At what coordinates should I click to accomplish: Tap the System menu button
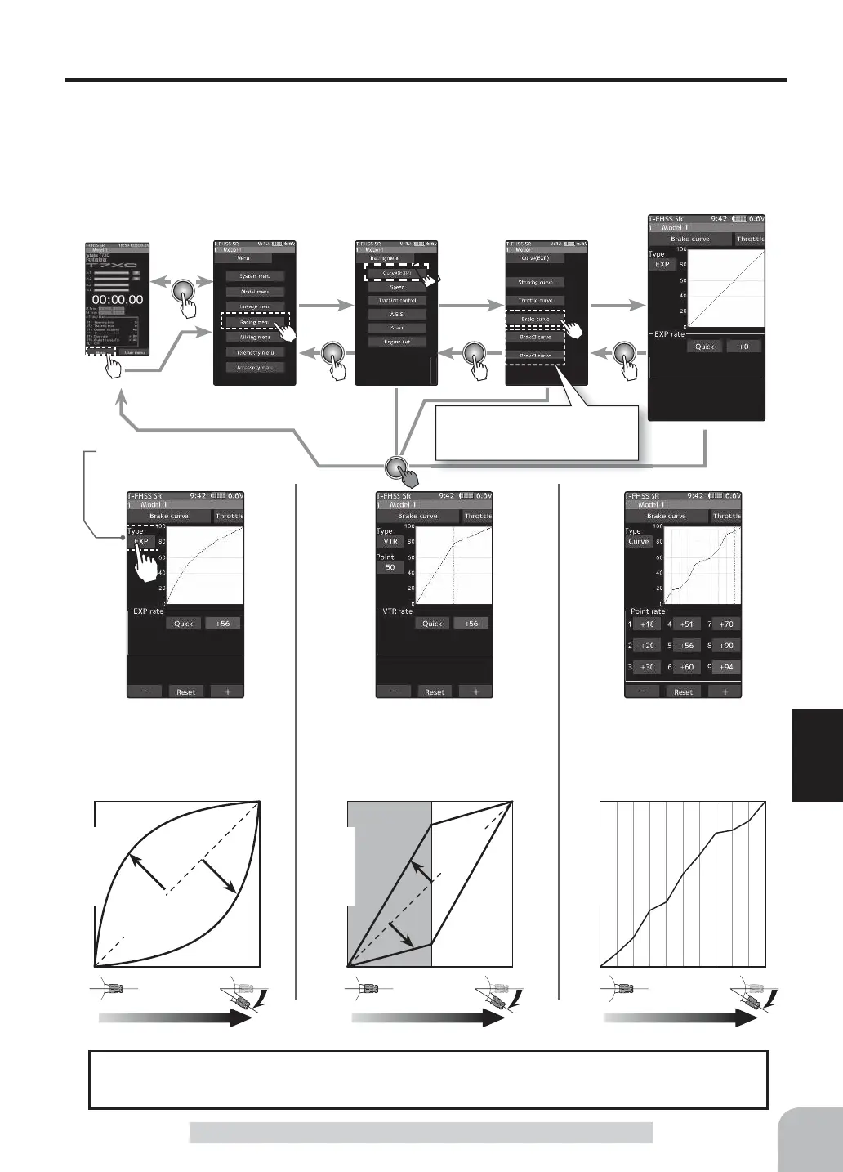pos(255,276)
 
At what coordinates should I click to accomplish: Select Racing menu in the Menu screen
pos(255,322)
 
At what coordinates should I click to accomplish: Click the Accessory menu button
pos(255,368)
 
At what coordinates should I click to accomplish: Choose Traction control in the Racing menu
pos(397,301)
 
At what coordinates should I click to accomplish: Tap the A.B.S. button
pos(397,314)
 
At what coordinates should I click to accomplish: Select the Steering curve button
pos(535,282)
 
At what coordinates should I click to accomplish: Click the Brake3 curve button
pos(535,356)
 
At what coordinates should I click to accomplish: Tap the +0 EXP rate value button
pos(743,347)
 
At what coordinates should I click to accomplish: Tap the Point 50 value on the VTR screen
pos(390,567)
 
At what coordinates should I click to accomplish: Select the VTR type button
pos(390,541)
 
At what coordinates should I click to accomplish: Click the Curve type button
pos(638,541)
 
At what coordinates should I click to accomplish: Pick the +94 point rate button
pos(725,667)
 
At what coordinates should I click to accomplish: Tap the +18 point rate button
pos(647,624)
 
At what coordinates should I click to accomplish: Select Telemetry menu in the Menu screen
pos(255,352)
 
